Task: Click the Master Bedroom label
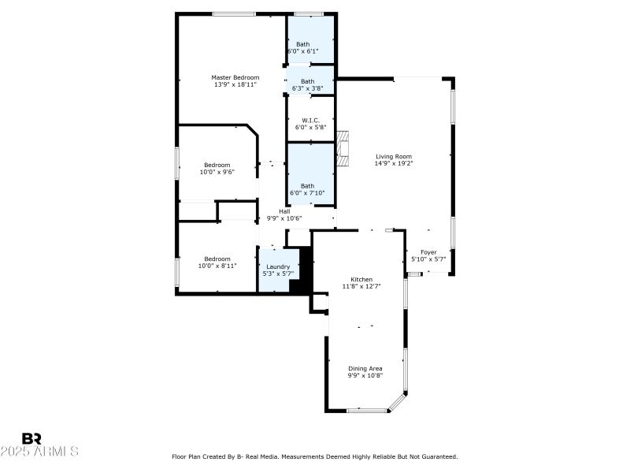point(235,77)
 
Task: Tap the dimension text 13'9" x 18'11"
point(235,84)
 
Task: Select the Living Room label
point(393,156)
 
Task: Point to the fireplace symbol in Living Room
point(342,147)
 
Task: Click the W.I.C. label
point(310,120)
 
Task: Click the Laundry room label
point(278,266)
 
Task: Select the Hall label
point(284,211)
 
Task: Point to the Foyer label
point(428,252)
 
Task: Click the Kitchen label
point(361,280)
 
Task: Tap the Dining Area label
point(365,368)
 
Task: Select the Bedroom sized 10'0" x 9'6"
point(217,168)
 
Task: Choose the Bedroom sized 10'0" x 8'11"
point(217,262)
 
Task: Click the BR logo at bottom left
point(31,438)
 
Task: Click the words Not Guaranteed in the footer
point(437,456)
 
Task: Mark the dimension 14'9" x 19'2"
point(393,163)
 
